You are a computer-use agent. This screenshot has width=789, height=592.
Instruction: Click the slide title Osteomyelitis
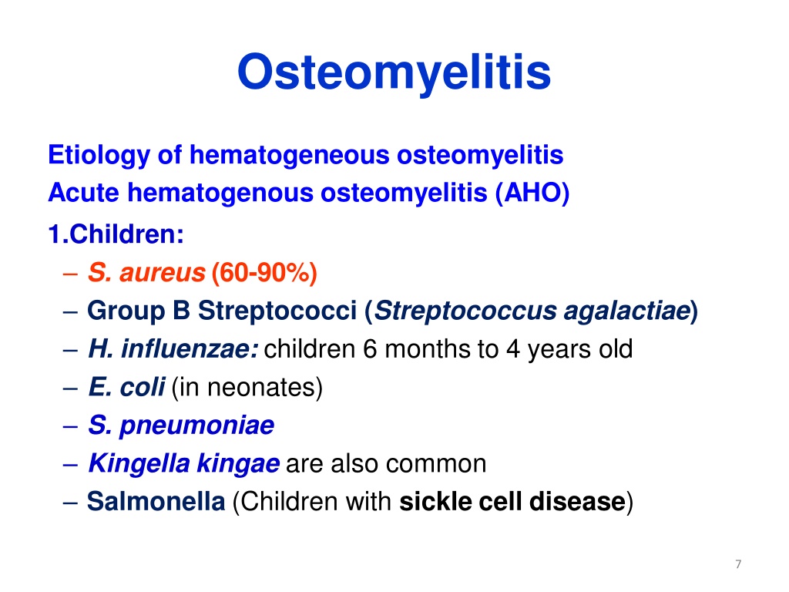pos(394,72)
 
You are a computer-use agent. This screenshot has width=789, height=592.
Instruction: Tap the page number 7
pos(738,563)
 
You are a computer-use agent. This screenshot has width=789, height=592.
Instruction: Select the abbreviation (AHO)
pos(532,193)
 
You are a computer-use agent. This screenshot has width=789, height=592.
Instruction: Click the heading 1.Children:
pos(116,234)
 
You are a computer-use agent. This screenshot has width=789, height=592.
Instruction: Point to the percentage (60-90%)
pos(264,273)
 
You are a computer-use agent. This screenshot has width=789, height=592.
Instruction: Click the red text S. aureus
pos(146,273)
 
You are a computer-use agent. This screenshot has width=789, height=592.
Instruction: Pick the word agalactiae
pos(627,311)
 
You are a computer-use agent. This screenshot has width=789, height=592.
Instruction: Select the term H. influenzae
pos(173,349)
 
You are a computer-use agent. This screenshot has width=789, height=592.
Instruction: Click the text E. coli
pos(126,387)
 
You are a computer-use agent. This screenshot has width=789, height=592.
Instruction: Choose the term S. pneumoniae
pos(181,425)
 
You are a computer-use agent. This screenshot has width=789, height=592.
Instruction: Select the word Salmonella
pos(156,501)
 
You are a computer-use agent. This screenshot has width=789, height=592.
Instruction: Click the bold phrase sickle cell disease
pos(512,501)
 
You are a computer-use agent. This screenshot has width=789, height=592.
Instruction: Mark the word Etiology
pos(99,155)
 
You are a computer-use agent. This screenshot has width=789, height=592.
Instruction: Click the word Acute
pos(83,193)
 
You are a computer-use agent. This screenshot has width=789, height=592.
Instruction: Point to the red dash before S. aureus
pos(70,275)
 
